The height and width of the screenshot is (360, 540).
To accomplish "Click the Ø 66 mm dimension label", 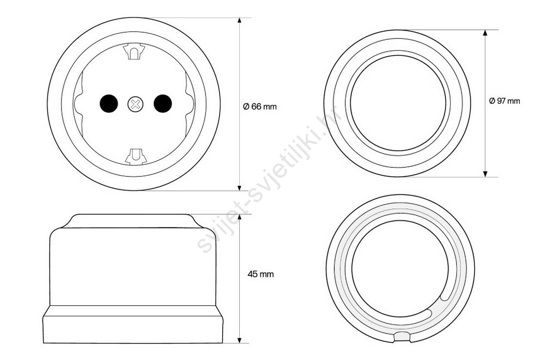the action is [x=260, y=107].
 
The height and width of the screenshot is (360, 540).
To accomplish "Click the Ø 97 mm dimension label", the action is [x=504, y=101].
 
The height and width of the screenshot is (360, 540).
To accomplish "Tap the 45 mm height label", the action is [x=261, y=274].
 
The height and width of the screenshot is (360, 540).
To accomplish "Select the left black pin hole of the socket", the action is [x=109, y=103].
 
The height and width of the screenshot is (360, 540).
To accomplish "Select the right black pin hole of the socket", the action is [x=163, y=103].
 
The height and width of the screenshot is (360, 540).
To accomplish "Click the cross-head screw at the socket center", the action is [x=136, y=104].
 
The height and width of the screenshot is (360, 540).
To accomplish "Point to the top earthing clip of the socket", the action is [x=134, y=52].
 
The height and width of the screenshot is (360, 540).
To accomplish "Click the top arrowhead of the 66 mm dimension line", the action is [x=240, y=22].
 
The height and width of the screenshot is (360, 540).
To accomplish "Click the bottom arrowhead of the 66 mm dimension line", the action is [x=240, y=186].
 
